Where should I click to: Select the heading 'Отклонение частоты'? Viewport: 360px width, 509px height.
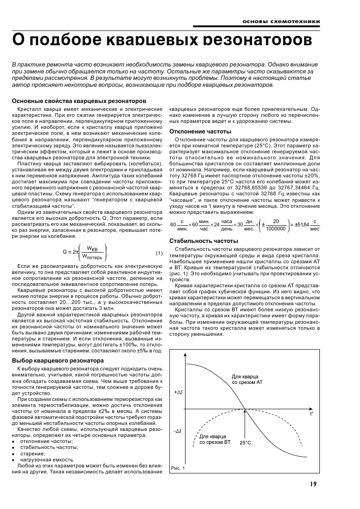[x=200, y=132]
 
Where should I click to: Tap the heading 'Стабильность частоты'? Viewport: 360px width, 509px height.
[x=204, y=241]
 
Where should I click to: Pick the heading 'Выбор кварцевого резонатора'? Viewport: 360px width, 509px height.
[x=57, y=360]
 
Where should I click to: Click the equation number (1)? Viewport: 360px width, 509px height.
[x=159, y=253]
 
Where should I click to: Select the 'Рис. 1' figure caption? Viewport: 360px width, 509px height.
[x=178, y=468]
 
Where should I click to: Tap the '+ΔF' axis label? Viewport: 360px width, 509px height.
[x=179, y=392]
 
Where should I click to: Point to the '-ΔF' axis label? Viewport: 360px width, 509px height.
[x=178, y=431]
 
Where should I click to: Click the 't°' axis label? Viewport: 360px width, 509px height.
[x=312, y=414]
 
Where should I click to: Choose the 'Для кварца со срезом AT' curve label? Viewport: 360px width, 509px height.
[x=247, y=380]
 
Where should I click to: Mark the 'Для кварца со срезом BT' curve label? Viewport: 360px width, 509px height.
[x=215, y=439]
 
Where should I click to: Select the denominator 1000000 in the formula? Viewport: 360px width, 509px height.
[x=276, y=228]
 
